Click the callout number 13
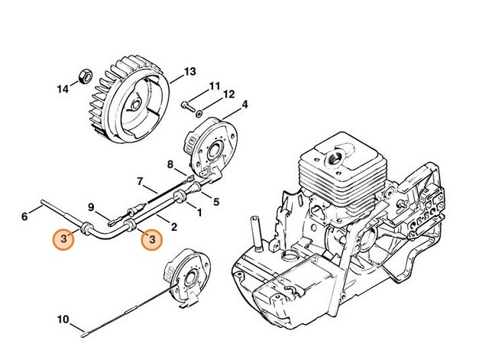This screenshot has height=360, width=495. coord(189,73)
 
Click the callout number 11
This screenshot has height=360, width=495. coord(215,85)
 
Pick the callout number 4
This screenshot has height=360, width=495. coord(244,104)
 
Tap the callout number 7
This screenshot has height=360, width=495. coord(140,181)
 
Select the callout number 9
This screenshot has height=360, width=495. coord(91,206)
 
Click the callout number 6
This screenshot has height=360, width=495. coord(24,217)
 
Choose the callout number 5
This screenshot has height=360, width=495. coord(216,202)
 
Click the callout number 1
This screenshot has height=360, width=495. coord(199,212)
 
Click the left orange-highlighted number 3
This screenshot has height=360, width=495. coord(65,239)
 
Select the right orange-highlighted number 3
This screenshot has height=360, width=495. coord(153,239)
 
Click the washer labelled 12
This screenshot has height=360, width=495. coord(200,112)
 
